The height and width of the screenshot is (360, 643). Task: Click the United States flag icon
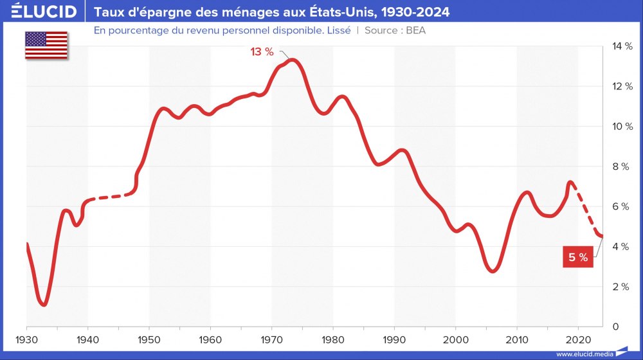pos(46,44)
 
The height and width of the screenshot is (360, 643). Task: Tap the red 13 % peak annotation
pos(262,52)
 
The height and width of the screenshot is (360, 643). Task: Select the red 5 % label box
pos(577,257)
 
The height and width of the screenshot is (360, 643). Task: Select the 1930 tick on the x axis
pos(26,339)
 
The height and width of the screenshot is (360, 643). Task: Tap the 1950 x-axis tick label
pos(149,339)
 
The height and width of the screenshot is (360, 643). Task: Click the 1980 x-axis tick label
pos(332,339)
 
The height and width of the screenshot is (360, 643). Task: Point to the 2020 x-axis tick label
pos(577,339)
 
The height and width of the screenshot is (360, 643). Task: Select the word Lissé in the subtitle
pos(336,30)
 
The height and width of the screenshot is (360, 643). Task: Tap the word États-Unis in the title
pos(338,12)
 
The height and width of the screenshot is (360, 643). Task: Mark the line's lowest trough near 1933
pos(44,303)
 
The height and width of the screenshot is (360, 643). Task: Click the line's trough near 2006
pos(493,271)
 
